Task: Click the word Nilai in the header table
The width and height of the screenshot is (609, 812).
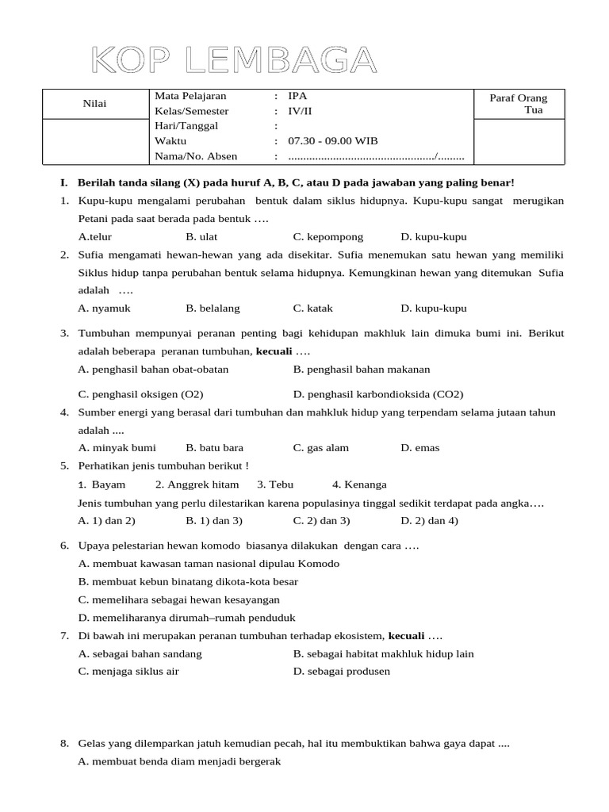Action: (x=94, y=104)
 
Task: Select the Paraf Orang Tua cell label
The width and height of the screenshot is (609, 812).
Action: (x=519, y=104)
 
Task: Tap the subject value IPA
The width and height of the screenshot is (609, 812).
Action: (x=297, y=96)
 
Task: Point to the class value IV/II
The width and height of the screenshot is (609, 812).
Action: (x=301, y=111)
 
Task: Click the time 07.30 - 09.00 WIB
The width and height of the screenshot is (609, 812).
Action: (x=333, y=141)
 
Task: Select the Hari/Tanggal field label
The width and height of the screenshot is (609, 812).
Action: (x=186, y=126)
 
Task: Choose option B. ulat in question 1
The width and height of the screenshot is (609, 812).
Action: (x=201, y=237)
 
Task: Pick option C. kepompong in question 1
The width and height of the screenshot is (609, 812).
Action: (x=327, y=237)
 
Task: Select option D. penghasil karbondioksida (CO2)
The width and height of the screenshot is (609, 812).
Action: (x=377, y=394)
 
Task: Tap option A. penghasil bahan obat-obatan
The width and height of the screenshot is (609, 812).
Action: (x=154, y=370)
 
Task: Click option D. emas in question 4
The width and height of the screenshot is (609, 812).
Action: (x=420, y=448)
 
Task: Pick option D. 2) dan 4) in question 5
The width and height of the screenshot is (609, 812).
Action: (x=429, y=521)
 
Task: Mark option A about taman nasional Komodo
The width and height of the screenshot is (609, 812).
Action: (x=209, y=564)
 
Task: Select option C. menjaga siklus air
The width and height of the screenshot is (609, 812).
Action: (x=128, y=672)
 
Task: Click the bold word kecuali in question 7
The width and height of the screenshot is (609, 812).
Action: (x=407, y=636)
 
